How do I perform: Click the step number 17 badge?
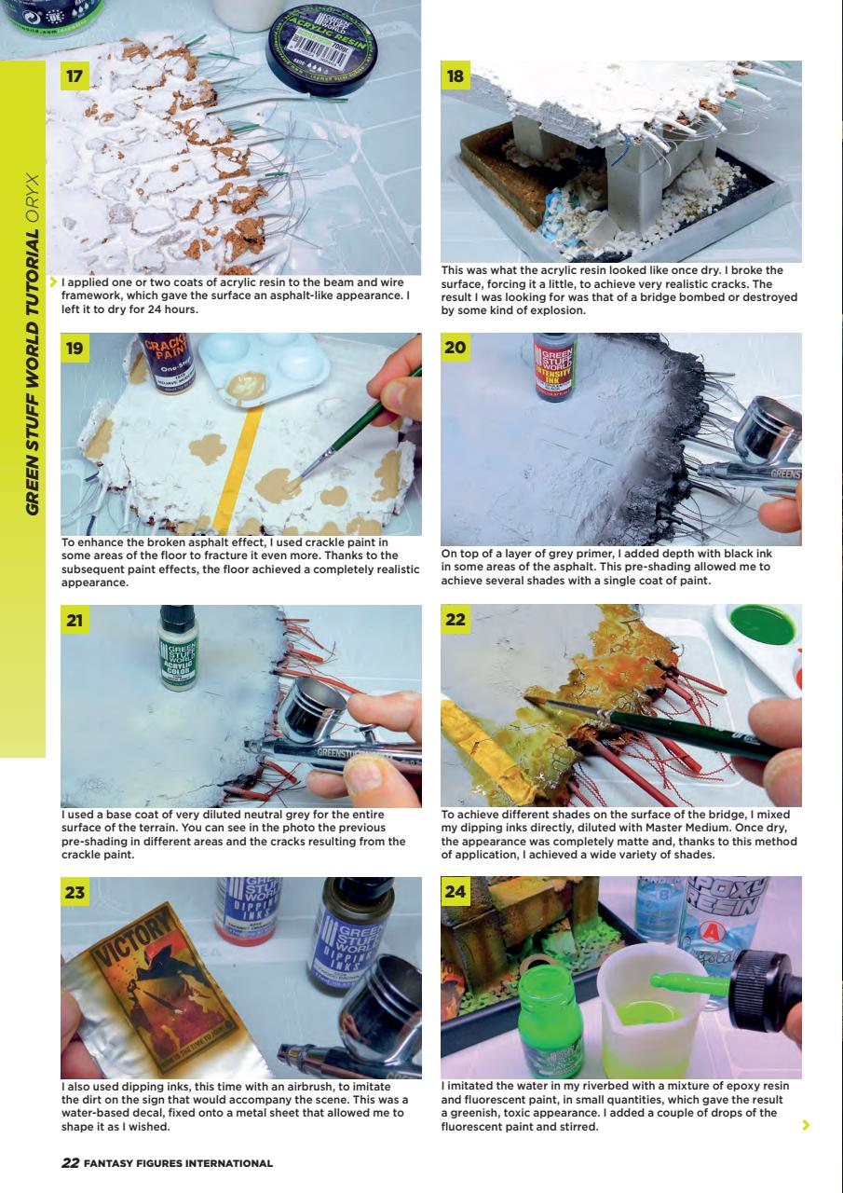point(75,75)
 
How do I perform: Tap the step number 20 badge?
point(455,348)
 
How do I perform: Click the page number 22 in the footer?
point(70,1162)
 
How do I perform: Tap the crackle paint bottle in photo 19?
point(166,363)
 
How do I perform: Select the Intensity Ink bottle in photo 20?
point(555,366)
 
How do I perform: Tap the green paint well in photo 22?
point(763,625)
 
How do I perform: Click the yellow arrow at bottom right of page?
point(807,1125)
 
